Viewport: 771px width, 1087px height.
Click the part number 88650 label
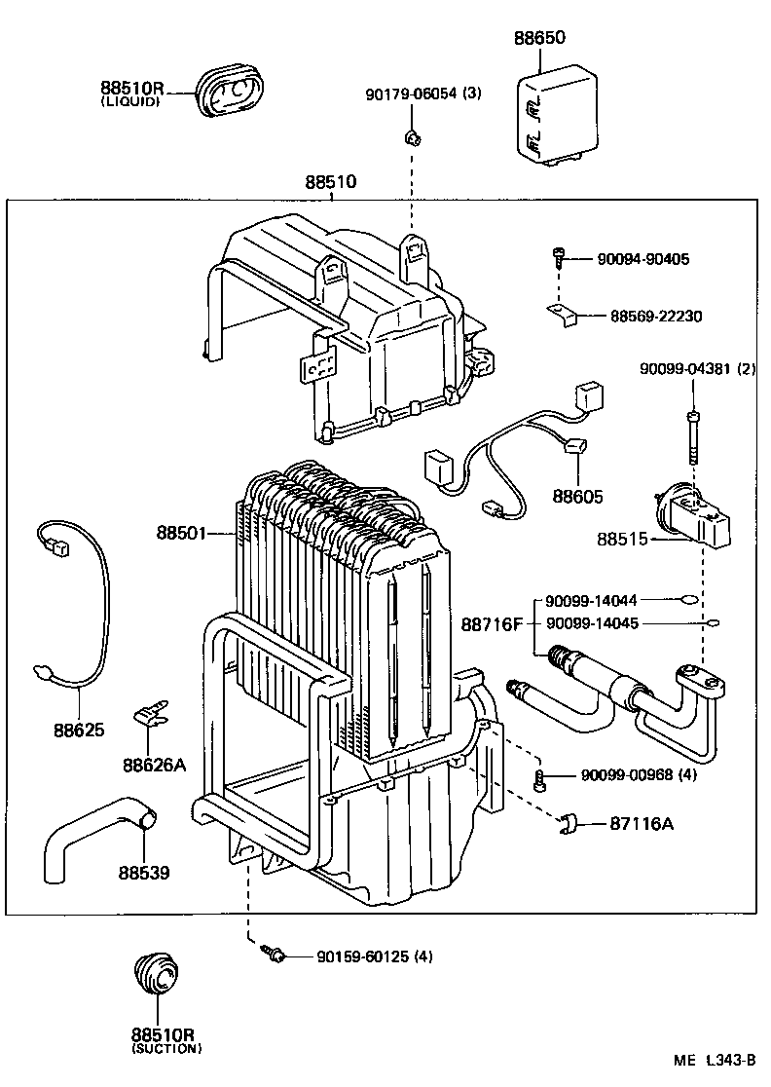(540, 38)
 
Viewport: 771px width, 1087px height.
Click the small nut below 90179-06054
(413, 138)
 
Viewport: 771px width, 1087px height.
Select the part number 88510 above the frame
(330, 182)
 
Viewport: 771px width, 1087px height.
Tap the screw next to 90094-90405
(559, 257)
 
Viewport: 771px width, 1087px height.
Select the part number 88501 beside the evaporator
(180, 533)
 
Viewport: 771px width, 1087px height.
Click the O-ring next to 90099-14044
(687, 601)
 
